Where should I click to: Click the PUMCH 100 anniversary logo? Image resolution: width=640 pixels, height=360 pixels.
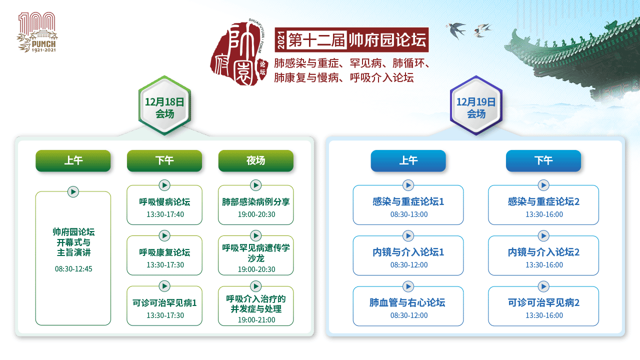pyautogui.click(x=37, y=32)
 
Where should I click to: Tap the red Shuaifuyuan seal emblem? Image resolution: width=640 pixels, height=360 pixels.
pyautogui.click(x=239, y=53)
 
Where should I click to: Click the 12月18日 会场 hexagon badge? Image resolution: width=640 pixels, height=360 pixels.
pyautogui.click(x=164, y=105)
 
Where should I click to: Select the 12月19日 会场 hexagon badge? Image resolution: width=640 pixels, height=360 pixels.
pyautogui.click(x=476, y=105)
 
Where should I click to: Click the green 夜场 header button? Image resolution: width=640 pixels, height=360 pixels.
pyautogui.click(x=255, y=160)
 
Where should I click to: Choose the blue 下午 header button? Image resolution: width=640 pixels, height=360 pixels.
pyautogui.click(x=543, y=160)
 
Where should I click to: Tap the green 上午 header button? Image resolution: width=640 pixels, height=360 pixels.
pyautogui.click(x=73, y=160)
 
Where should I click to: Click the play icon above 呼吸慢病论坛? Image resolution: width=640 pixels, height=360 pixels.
pyautogui.click(x=164, y=185)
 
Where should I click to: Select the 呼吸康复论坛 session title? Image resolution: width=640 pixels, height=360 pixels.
pyautogui.click(x=164, y=252)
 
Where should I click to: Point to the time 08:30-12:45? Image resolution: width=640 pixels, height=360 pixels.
pyautogui.click(x=73, y=269)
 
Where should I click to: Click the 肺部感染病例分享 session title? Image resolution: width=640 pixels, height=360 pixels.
pyautogui.click(x=255, y=201)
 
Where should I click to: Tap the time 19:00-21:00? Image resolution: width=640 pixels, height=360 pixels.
pyautogui.click(x=256, y=319)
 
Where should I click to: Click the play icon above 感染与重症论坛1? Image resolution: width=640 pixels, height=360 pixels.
pyautogui.click(x=408, y=185)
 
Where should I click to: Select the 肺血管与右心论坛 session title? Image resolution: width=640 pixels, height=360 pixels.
pyautogui.click(x=407, y=302)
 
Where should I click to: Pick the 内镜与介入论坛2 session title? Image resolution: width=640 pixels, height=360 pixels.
pyautogui.click(x=543, y=252)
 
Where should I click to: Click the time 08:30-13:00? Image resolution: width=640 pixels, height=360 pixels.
pyautogui.click(x=409, y=214)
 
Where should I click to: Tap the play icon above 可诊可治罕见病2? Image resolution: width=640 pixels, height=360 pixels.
pyautogui.click(x=543, y=286)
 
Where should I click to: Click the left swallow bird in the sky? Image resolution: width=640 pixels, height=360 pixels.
pyautogui.click(x=456, y=29)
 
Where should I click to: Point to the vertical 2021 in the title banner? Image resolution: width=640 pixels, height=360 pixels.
pyautogui.click(x=281, y=40)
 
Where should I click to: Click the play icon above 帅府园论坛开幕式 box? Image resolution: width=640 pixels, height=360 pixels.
pyautogui.click(x=73, y=191)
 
